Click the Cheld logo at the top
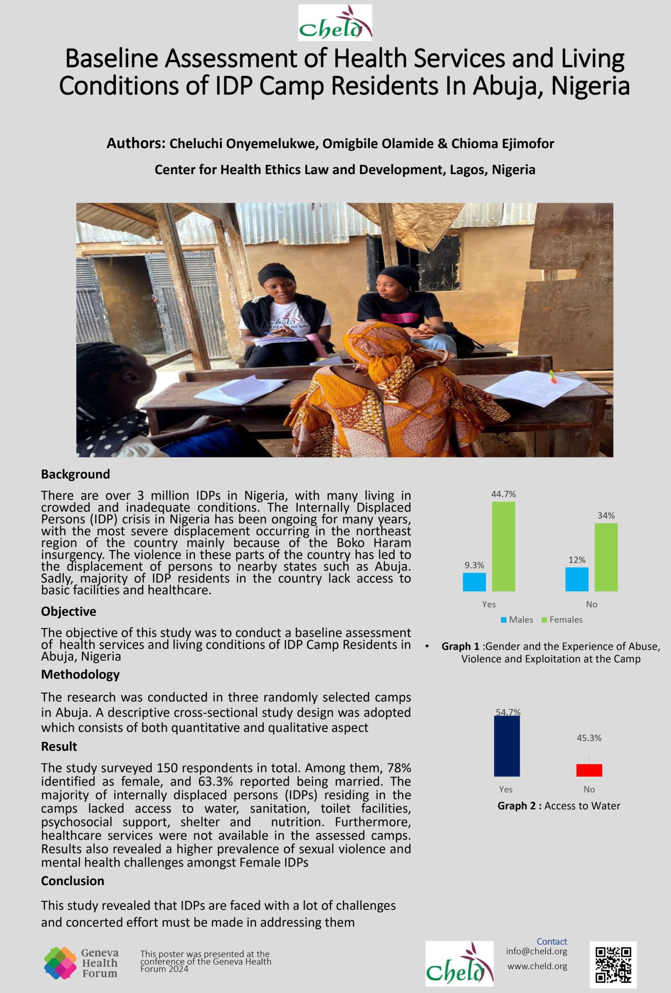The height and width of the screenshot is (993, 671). tap(335, 22)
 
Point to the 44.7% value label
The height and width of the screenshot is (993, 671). tap(503, 494)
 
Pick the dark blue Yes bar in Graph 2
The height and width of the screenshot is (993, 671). tap(507, 746)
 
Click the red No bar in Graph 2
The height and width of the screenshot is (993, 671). tap(589, 770)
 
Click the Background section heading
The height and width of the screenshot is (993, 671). tap(75, 474)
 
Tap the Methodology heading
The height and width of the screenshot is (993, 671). tap(80, 674)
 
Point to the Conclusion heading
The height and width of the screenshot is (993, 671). tap(73, 881)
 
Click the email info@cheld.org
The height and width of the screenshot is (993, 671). tap(536, 951)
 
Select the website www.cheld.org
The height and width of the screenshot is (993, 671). tap(537, 966)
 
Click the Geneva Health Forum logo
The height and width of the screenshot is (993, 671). tap(81, 963)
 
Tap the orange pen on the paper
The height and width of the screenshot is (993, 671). tap(553, 376)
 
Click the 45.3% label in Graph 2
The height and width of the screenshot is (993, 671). tap(589, 738)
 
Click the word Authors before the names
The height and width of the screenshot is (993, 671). tap(136, 144)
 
